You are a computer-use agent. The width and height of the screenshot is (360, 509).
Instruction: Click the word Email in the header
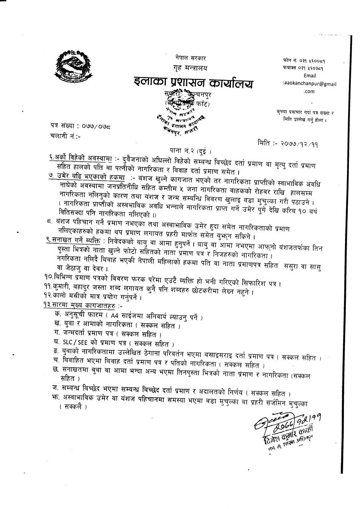click(309, 76)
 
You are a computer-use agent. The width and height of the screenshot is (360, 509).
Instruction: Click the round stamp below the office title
click(182, 115)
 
